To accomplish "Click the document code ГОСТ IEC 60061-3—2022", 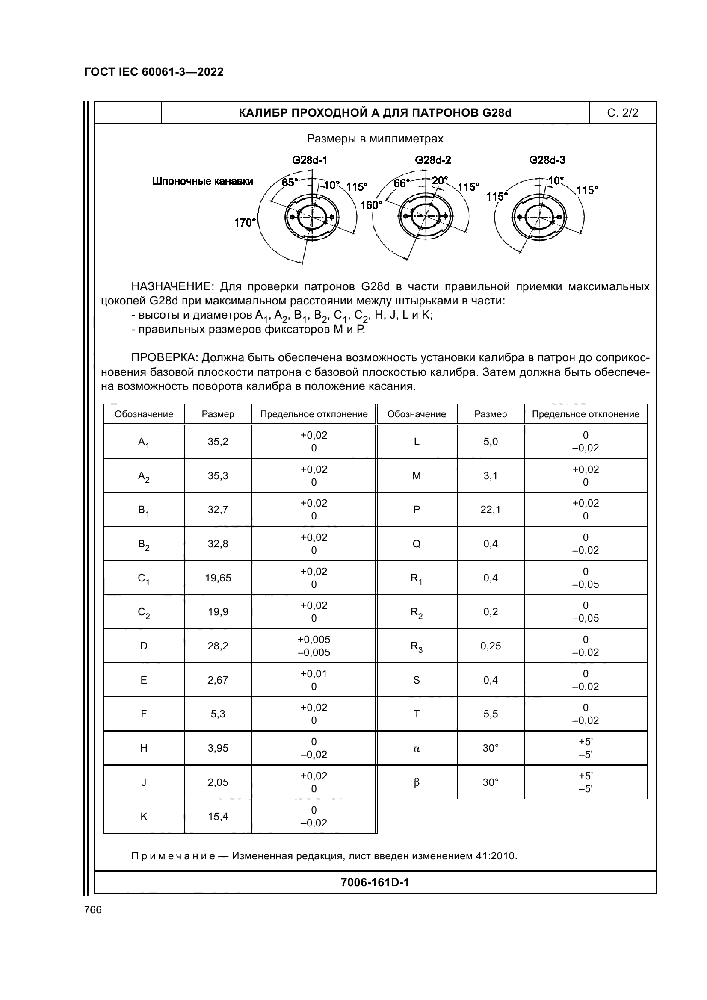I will (x=154, y=72).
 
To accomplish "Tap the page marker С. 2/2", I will (x=622, y=113).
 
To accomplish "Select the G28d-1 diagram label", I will (x=309, y=160).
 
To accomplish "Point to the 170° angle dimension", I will (x=244, y=223).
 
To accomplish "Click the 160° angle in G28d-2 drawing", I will (x=371, y=205).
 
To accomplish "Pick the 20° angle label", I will (x=440, y=180).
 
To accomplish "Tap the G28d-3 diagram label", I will (x=547, y=160).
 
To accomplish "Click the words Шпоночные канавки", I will (x=203, y=181).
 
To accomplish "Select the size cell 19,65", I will (x=218, y=578).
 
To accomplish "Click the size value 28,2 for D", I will (x=218, y=646).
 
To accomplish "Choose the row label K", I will (x=144, y=817).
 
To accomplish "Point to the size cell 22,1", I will (x=491, y=510).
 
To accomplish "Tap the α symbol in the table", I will (x=417, y=749).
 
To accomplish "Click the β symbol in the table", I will (x=417, y=783).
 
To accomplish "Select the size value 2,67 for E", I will (x=218, y=680).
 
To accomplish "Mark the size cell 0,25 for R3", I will (x=491, y=646).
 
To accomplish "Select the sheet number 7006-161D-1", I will (x=375, y=882).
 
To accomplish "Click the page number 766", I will (x=93, y=910).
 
